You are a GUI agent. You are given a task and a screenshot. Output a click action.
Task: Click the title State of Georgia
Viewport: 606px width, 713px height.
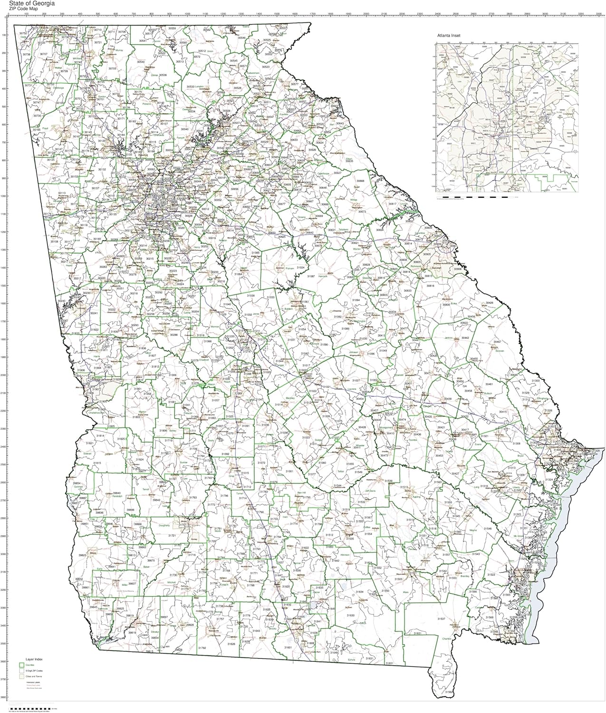point(35,3)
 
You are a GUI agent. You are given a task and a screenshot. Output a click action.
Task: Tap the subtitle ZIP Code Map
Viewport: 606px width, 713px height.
point(29,9)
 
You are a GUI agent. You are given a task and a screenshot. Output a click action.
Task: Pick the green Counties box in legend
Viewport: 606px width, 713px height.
point(21,665)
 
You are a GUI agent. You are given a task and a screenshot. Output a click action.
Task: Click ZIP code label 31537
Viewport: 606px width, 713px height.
point(441,619)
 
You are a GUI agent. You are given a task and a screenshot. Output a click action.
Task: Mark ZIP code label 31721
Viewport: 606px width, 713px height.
point(172,536)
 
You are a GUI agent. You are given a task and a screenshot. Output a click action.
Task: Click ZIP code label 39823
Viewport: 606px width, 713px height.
point(83,555)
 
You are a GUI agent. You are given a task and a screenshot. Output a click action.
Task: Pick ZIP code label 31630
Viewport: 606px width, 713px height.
point(350,615)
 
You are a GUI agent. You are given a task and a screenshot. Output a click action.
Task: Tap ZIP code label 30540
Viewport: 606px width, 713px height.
point(140,62)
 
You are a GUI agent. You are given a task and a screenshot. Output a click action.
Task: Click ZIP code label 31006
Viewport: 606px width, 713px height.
point(172,375)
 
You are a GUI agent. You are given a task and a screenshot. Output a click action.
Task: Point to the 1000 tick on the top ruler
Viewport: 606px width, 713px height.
point(187,14)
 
